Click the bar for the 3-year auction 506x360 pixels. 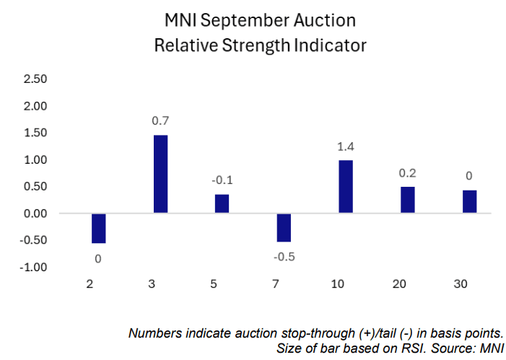(160, 174)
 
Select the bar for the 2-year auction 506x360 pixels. (98, 228)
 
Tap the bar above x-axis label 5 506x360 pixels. (222, 203)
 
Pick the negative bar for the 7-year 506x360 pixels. (284, 227)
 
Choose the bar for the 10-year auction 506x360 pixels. (346, 186)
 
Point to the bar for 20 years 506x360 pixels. (408, 200)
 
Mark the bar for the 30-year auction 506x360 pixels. (470, 201)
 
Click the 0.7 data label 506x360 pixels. (160, 120)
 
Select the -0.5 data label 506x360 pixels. (283, 257)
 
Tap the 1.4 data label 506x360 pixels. (346, 146)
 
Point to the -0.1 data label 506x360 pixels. (222, 180)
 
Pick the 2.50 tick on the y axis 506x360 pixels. (35, 79)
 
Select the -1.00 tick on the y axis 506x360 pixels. (34, 267)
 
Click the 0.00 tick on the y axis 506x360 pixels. (35, 214)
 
